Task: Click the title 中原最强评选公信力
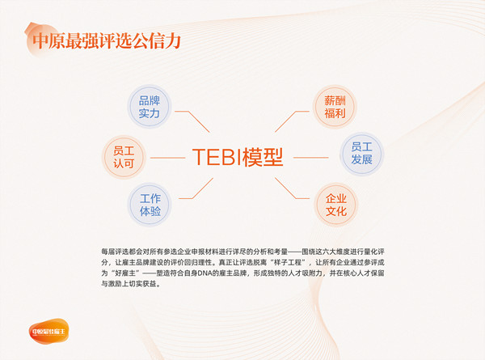(x=103, y=40)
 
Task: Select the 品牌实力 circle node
(x=150, y=107)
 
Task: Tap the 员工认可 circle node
(x=124, y=157)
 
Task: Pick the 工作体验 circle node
(x=150, y=205)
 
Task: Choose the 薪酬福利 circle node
(x=335, y=107)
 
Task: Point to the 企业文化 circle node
(x=335, y=205)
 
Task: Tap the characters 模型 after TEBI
(x=267, y=157)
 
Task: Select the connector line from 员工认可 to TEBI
(x=168, y=157)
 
